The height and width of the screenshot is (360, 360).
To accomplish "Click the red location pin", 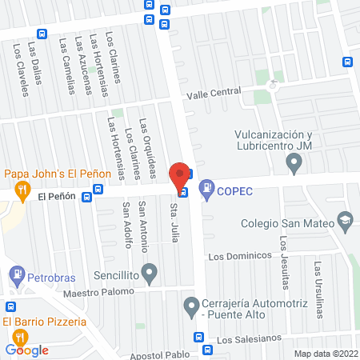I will (x=181, y=174).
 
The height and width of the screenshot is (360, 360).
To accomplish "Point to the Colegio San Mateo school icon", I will (x=345, y=218).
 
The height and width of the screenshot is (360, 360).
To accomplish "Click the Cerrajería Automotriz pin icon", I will (x=191, y=305).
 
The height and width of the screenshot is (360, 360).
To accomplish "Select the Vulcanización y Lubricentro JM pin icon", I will (x=294, y=164).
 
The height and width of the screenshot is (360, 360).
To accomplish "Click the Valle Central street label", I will (x=214, y=94).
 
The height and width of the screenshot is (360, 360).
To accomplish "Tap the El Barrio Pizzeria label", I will (x=44, y=322).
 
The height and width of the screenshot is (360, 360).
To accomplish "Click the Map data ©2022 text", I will (x=326, y=354).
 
